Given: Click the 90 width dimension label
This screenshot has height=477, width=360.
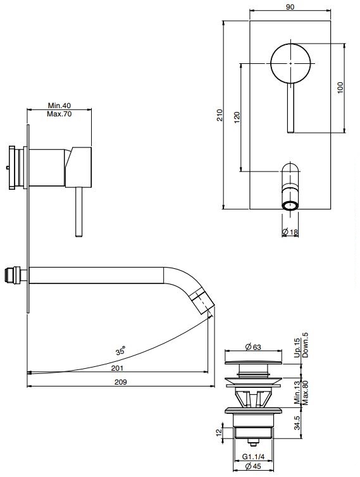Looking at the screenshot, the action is [x=290, y=7].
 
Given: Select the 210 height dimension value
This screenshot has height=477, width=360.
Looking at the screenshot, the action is [x=220, y=115].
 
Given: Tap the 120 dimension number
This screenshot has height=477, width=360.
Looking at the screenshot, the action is [x=237, y=118].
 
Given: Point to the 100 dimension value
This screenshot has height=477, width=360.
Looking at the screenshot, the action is [x=340, y=87].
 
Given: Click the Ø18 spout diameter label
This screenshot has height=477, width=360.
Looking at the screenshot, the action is [x=290, y=232].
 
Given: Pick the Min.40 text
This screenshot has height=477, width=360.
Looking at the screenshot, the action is [x=59, y=106].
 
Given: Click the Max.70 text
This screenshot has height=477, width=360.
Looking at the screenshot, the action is [x=59, y=114].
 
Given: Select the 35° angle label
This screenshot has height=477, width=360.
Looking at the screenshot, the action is [x=120, y=350].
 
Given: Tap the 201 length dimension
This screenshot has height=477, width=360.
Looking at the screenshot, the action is [x=117, y=368].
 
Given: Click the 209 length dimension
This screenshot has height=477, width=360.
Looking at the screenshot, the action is [x=120, y=382].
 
